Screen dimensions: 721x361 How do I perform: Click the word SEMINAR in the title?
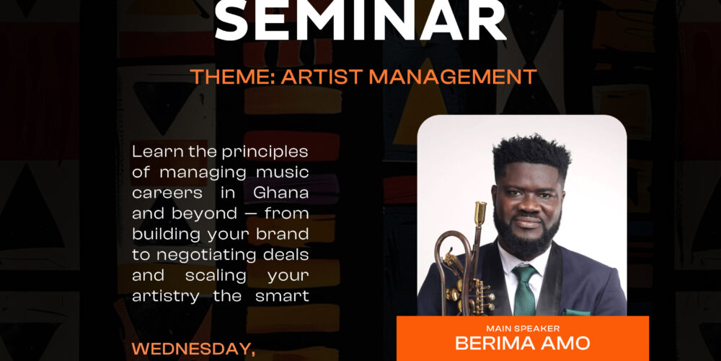[x=360, y=20]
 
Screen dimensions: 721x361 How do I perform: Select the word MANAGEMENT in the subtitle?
[x=453, y=77]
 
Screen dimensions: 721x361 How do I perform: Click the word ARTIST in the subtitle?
[x=322, y=77]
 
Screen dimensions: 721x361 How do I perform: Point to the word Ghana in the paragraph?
[x=281, y=193]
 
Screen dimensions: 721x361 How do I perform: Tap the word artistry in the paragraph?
[x=167, y=297]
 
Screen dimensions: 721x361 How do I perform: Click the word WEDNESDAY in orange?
[x=194, y=349]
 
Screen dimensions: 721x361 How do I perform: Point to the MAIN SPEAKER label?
[x=523, y=329]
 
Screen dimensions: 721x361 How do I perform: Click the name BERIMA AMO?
[x=522, y=343]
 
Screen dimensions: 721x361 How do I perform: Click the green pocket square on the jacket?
[x=577, y=312]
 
